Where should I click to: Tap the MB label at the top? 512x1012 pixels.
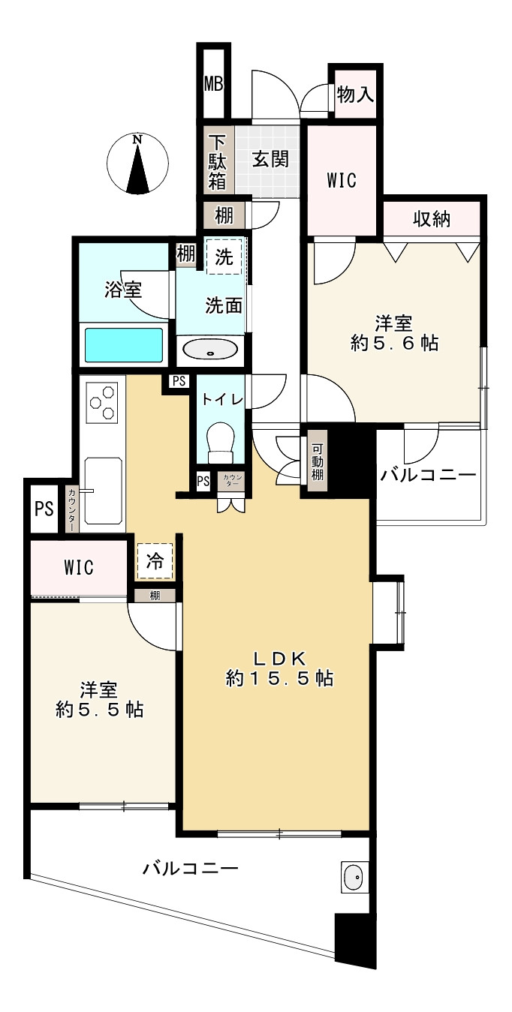pyautogui.click(x=214, y=83)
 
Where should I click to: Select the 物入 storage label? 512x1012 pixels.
pyautogui.click(x=355, y=95)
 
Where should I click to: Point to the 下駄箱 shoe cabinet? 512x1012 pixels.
pyautogui.click(x=217, y=161)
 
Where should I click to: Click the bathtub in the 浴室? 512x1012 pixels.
pyautogui.click(x=124, y=346)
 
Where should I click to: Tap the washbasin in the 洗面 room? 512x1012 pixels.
pyautogui.click(x=211, y=350)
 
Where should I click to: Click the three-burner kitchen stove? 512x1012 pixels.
pyautogui.click(x=104, y=402)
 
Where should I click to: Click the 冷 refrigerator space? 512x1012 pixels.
pyautogui.click(x=155, y=561)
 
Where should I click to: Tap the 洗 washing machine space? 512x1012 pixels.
pyautogui.click(x=224, y=256)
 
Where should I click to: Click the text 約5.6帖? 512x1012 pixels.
pyautogui.click(x=394, y=344)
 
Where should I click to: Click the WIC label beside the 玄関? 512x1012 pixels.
pyautogui.click(x=341, y=180)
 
